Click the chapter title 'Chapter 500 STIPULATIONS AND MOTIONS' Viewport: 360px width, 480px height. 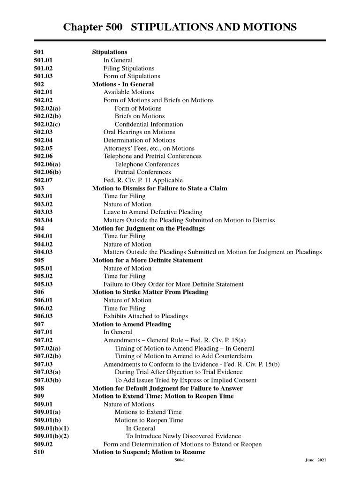click(x=180, y=27)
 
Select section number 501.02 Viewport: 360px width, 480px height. click(x=44, y=68)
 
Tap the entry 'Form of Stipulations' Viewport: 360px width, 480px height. click(x=132, y=76)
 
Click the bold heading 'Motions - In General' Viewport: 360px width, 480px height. click(x=123, y=84)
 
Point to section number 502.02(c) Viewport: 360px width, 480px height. click(x=47, y=124)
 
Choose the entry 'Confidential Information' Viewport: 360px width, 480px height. click(x=149, y=124)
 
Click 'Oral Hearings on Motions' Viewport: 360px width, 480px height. click(x=139, y=132)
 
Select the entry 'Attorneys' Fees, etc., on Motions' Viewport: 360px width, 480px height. click(x=149, y=148)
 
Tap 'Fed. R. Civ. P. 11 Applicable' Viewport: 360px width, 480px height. click(x=143, y=180)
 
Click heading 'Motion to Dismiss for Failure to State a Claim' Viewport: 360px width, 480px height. click(x=159, y=188)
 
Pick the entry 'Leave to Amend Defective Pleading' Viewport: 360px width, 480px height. click(x=153, y=212)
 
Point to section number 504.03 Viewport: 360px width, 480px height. click(x=44, y=252)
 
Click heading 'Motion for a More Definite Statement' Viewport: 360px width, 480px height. click(x=147, y=260)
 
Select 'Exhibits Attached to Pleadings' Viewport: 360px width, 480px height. click(x=145, y=316)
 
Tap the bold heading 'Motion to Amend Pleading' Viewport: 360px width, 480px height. click(x=131, y=324)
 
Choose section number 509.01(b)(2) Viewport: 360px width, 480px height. click(x=52, y=436)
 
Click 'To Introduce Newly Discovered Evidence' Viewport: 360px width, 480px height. click(x=183, y=436)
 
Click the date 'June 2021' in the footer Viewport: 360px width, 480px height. click(x=315, y=461)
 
